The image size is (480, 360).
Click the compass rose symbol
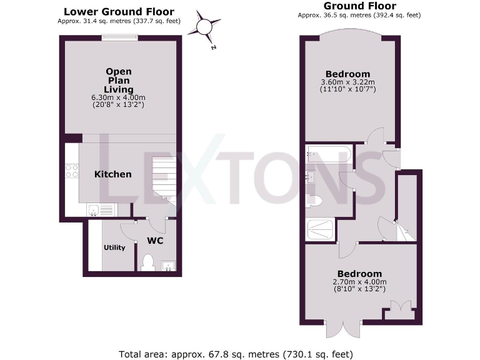coord(205,26)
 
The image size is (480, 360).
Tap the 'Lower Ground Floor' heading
coord(119,12)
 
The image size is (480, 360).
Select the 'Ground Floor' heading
coord(351,6)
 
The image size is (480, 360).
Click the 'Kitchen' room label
coord(113,174)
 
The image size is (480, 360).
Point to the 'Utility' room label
coord(114,247)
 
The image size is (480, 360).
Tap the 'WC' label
coord(155,241)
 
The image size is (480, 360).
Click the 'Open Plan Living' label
coord(119,81)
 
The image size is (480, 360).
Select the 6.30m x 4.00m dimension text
coord(119,97)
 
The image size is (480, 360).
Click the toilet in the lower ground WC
coord(147,262)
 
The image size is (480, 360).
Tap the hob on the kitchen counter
coord(71,171)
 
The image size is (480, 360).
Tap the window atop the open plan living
coord(119,37)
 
